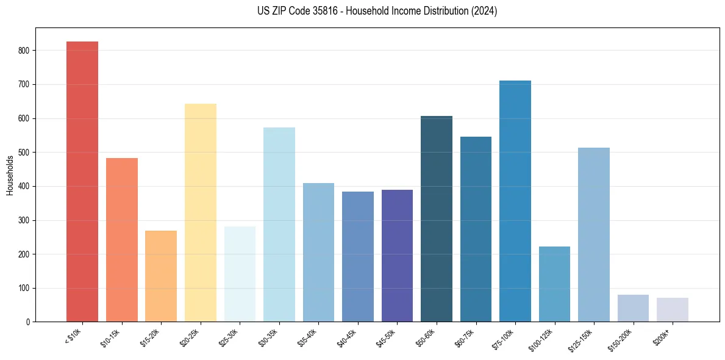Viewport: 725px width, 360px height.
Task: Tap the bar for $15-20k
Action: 161,276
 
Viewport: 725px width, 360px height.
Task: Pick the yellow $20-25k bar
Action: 200,213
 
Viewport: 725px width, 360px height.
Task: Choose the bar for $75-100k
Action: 515,201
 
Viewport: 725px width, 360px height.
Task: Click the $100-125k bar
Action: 554,284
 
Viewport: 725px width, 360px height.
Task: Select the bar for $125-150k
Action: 594,235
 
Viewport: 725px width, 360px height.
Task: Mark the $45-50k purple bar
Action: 397,256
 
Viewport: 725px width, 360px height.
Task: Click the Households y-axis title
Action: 10,175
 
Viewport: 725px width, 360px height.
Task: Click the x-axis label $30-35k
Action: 269,337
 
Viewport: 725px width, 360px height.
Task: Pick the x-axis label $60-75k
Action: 466,337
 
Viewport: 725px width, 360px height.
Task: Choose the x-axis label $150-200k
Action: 622,339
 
